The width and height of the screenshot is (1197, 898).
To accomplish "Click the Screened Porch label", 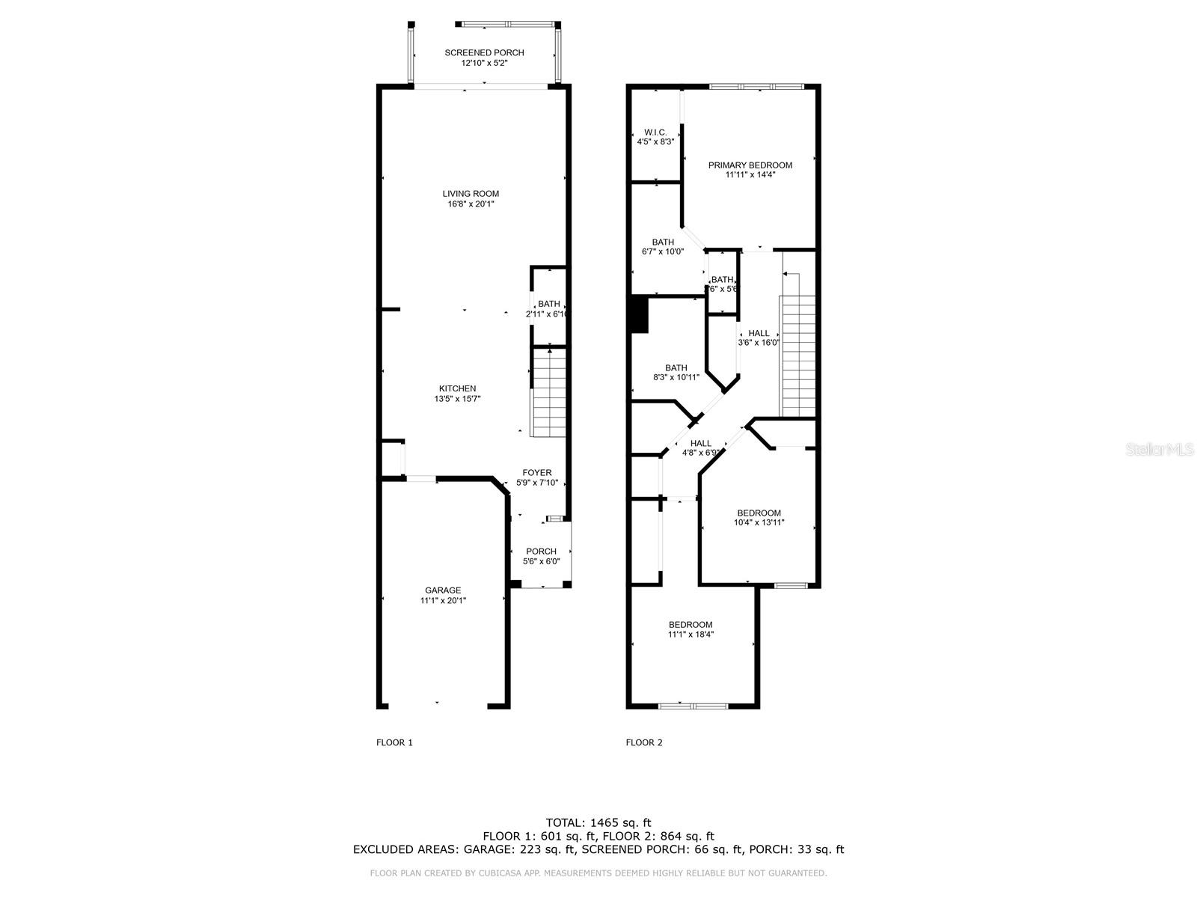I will pos(484,52).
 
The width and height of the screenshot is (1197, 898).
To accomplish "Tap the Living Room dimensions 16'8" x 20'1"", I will pos(470,204).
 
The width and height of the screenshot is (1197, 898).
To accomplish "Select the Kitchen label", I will pos(457,388).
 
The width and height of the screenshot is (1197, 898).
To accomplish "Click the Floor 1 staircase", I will pos(549,392).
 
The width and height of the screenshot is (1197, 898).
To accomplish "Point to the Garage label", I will pos(443,590).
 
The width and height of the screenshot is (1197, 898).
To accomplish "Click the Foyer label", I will pos(537,472).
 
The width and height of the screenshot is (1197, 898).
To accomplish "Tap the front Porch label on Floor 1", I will pos(541,552).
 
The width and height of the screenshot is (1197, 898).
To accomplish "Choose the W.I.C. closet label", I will pos(655,132).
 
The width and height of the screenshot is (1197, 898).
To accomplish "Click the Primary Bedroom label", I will pos(750,165).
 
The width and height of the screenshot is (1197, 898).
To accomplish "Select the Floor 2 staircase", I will pos(798,355).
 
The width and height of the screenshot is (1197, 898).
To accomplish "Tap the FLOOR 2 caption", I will pos(644,742).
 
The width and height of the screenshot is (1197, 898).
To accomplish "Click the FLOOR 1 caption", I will pos(394,742).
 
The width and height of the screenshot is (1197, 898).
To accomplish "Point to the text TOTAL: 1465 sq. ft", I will pos(598,822).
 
